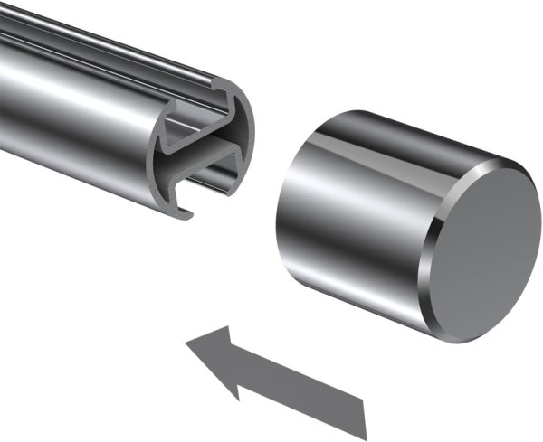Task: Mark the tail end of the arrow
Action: point(365,412)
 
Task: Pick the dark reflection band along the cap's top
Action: point(380,136)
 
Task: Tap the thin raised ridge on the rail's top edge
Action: point(118,41)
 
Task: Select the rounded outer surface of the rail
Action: point(72,136)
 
